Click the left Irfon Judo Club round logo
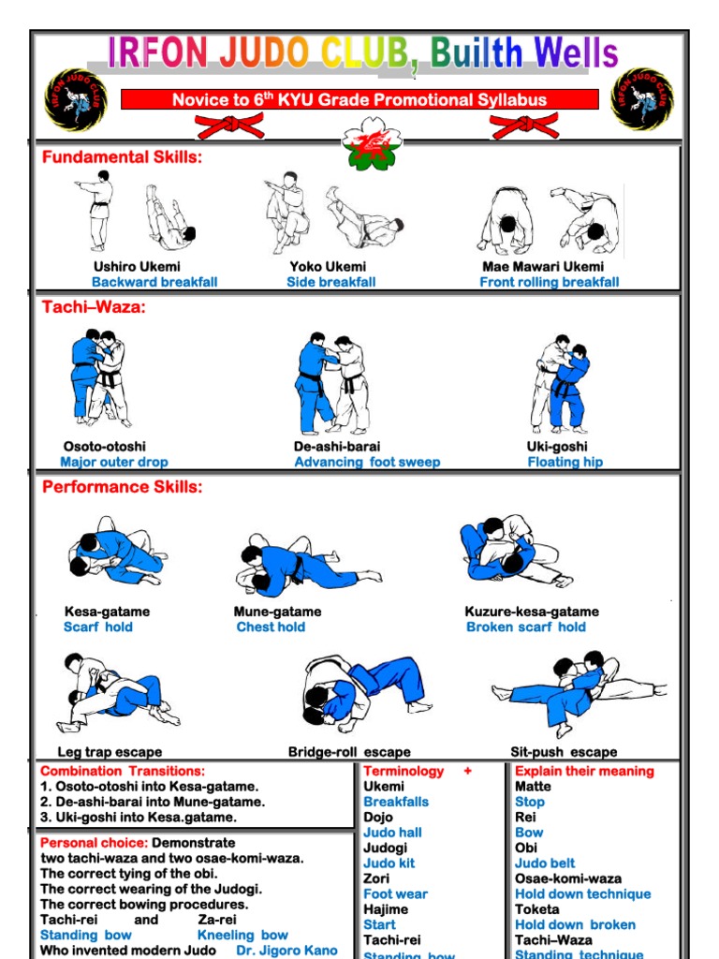click(76, 99)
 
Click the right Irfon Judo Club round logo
click(641, 99)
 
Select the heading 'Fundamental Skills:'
click(122, 157)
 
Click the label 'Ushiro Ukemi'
click(137, 267)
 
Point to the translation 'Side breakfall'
click(331, 282)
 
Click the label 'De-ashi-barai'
click(337, 447)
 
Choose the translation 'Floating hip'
click(565, 462)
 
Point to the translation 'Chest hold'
click(271, 627)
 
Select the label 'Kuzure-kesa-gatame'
click(532, 612)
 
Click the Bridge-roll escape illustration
click(365, 693)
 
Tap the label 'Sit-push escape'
click(564, 752)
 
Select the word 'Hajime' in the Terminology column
click(386, 909)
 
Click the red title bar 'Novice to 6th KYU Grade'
click(359, 99)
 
